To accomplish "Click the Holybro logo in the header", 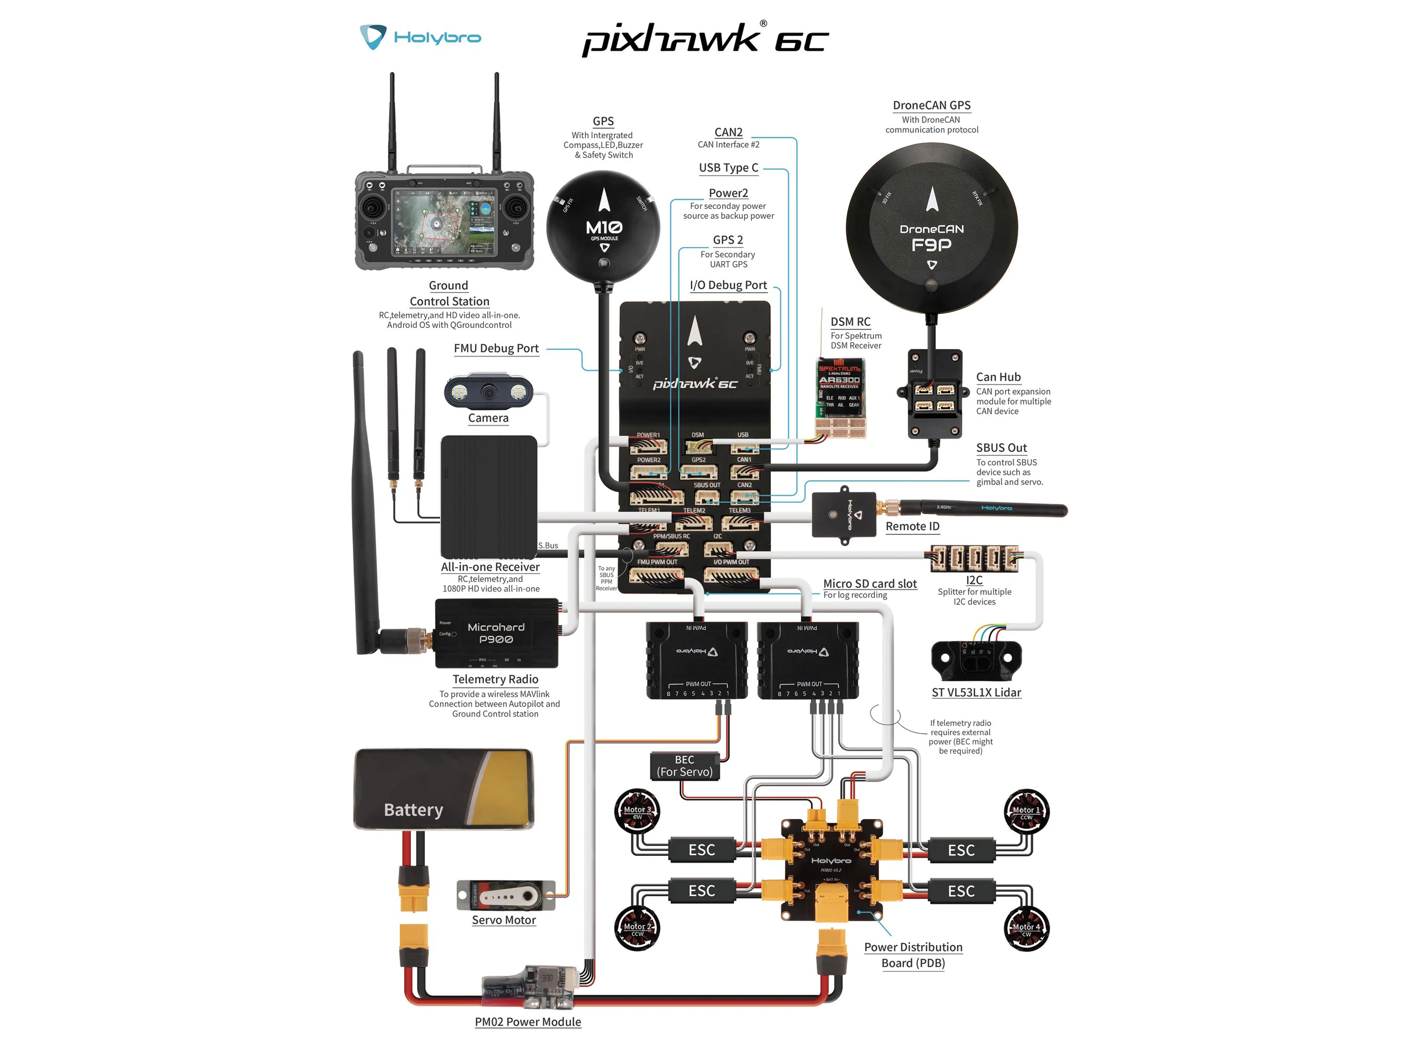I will click(420, 37).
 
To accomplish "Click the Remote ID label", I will click(912, 526).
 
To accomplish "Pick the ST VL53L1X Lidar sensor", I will click(976, 660).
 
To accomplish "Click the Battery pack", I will click(444, 789).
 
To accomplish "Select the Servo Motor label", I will click(503, 920).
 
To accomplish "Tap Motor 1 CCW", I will click(1026, 812).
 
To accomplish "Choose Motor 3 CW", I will click(637, 811).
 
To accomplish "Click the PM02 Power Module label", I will click(528, 1022).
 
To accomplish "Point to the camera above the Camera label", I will click(489, 391).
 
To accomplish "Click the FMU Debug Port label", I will click(496, 348).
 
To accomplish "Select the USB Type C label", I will click(729, 168).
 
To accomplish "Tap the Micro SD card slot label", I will click(870, 584).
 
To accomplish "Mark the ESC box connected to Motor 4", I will click(960, 891).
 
